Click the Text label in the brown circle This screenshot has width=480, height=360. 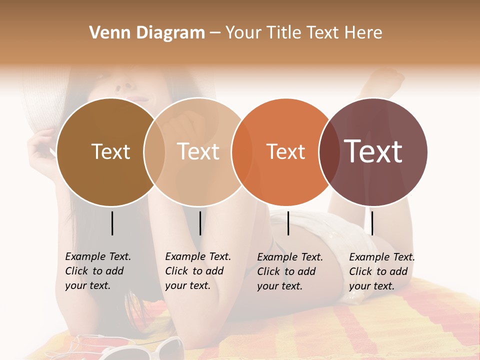[x=110, y=151]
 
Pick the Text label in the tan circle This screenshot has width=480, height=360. [x=198, y=151]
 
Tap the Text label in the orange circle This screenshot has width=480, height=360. [x=285, y=151]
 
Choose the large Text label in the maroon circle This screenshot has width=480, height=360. [x=373, y=151]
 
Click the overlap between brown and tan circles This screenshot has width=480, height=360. [x=154, y=151]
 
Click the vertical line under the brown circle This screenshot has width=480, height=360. [x=112, y=223]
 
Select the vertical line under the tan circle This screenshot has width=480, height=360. [x=200, y=223]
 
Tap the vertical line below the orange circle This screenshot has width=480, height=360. [x=288, y=223]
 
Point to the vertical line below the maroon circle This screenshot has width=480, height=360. [x=372, y=223]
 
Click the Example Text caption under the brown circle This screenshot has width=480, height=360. [x=97, y=271]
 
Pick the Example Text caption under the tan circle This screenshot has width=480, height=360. [x=197, y=271]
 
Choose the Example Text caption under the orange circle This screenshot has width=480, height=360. [x=289, y=271]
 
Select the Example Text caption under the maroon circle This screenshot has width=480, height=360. [x=381, y=271]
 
